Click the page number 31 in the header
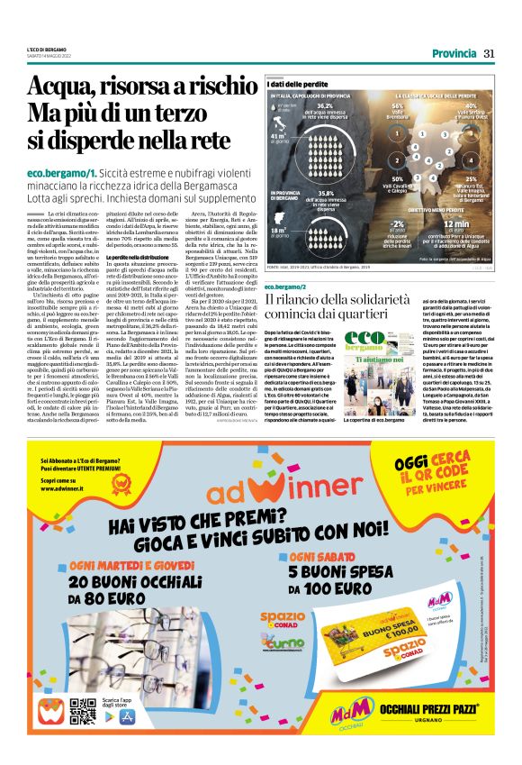[490, 53]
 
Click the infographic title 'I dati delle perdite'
[296, 83]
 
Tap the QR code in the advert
[83, 712]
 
